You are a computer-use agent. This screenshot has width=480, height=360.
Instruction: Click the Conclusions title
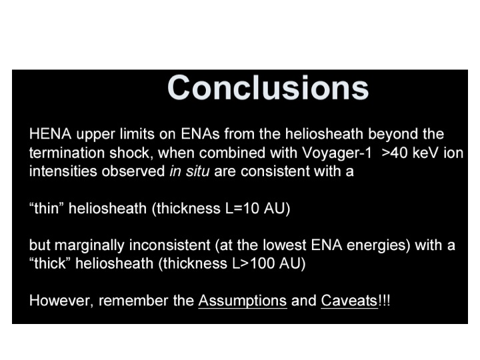pyautogui.click(x=268, y=87)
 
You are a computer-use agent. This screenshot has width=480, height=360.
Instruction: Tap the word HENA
pyautogui.click(x=50, y=134)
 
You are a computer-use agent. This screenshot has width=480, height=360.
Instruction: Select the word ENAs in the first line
pyautogui.click(x=200, y=134)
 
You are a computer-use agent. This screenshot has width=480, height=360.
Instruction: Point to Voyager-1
pyautogui.click(x=337, y=153)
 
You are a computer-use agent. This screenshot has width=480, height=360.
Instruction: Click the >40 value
pyautogui.click(x=395, y=153)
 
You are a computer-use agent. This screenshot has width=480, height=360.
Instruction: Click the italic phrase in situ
pyautogui.click(x=189, y=171)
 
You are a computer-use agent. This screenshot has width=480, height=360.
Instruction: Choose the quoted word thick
pyautogui.click(x=50, y=263)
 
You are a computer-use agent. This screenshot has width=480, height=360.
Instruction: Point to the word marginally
pyautogui.click(x=90, y=245)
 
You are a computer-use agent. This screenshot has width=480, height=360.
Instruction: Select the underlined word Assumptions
pyautogui.click(x=243, y=301)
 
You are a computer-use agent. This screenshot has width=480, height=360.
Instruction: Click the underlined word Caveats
pyautogui.click(x=349, y=301)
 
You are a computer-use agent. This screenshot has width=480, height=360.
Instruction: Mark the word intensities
pyautogui.click(x=63, y=171)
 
